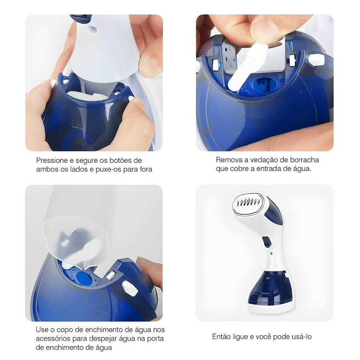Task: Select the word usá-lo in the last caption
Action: [x=302, y=336]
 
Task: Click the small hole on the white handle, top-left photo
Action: [x=92, y=29]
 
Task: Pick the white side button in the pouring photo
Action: [x=130, y=288]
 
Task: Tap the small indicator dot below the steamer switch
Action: [x=271, y=254]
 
